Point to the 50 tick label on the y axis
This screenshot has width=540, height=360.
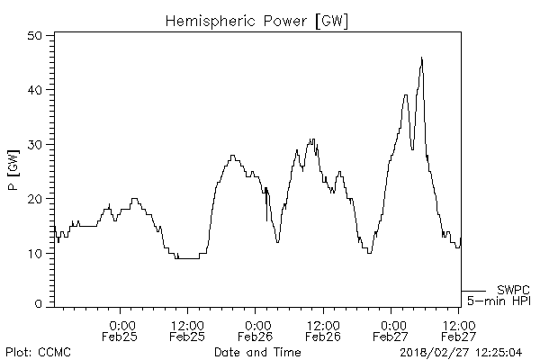click(36, 35)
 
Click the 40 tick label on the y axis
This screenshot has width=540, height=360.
click(36, 90)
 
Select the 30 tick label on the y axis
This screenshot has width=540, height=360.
click(36, 144)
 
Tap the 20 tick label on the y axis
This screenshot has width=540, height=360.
click(36, 199)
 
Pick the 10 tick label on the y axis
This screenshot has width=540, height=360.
click(36, 253)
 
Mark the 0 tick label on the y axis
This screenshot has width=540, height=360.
click(40, 304)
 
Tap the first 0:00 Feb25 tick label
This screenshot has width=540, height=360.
click(121, 330)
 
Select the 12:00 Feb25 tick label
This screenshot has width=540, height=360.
click(187, 330)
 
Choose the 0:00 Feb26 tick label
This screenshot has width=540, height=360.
click(256, 330)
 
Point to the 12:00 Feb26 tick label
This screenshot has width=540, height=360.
click(322, 330)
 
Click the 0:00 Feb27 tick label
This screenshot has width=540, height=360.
click(391, 330)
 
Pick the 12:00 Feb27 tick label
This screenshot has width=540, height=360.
click(458, 330)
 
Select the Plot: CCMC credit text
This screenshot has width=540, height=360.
click(38, 351)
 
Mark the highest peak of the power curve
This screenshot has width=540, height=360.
click(421, 58)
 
